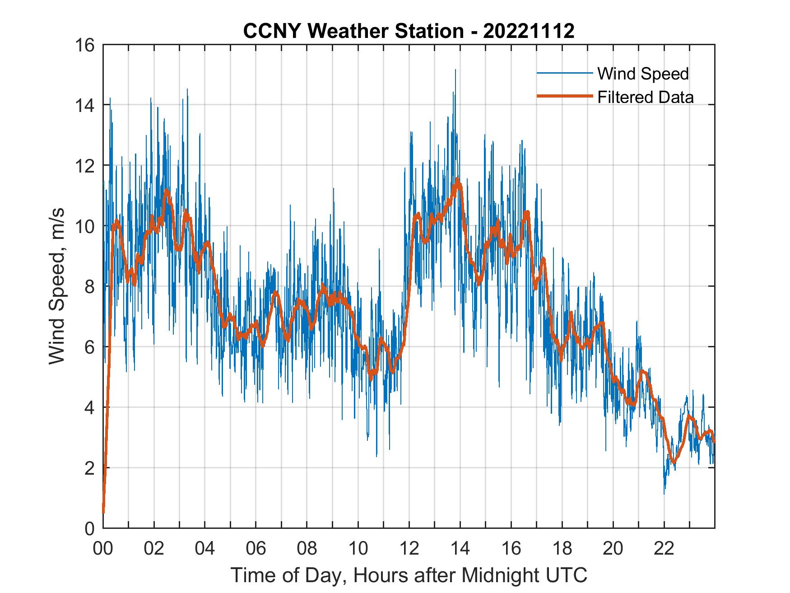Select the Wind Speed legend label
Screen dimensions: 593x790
(643, 74)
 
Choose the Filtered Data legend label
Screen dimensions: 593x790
(645, 97)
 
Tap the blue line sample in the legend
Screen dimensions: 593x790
(564, 73)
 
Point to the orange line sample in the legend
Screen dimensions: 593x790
(564, 97)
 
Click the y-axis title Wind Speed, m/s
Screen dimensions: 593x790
(56, 286)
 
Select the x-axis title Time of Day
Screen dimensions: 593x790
(409, 575)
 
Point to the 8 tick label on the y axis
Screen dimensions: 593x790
(89, 286)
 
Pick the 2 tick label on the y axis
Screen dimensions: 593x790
(89, 468)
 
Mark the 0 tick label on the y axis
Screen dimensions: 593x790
(89, 528)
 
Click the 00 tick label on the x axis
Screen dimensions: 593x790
(103, 549)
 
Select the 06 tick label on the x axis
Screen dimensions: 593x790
(256, 549)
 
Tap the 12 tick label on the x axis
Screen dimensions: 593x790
(409, 549)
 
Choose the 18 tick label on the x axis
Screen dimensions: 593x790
(562, 549)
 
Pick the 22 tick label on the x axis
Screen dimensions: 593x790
(664, 549)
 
